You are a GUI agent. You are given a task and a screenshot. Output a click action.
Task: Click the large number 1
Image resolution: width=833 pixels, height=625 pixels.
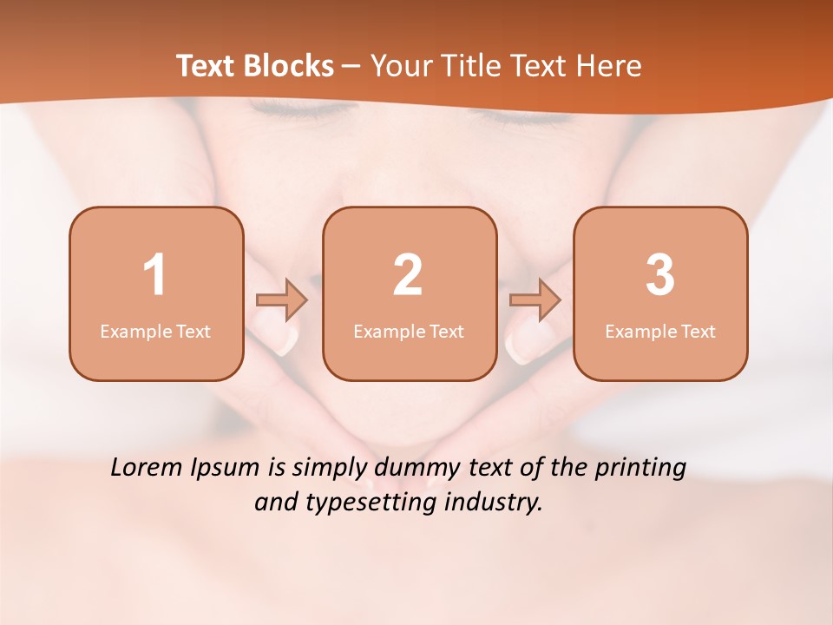(154, 275)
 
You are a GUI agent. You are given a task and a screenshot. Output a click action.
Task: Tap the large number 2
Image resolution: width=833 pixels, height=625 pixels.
(408, 275)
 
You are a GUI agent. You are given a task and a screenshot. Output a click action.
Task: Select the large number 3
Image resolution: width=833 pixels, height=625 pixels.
(660, 275)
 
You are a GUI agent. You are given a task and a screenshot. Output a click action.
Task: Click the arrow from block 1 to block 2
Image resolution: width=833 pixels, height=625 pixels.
(282, 299)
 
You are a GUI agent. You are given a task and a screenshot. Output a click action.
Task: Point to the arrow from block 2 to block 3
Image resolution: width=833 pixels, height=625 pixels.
(535, 299)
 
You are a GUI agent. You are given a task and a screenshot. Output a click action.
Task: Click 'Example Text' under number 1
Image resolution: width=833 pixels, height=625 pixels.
(155, 332)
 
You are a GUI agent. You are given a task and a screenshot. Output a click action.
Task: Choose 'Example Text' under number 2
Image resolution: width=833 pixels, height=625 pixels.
(409, 332)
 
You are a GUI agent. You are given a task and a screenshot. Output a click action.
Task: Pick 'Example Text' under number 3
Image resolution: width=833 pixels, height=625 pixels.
(660, 332)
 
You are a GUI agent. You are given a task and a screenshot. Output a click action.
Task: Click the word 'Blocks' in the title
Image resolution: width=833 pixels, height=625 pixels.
(289, 66)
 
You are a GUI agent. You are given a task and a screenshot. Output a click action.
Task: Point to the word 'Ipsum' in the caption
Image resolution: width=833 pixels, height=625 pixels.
(228, 469)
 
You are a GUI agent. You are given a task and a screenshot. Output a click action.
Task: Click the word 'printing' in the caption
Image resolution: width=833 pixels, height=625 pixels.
(640, 469)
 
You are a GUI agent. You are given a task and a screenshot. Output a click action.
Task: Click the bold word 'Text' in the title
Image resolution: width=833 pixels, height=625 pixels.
(205, 66)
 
